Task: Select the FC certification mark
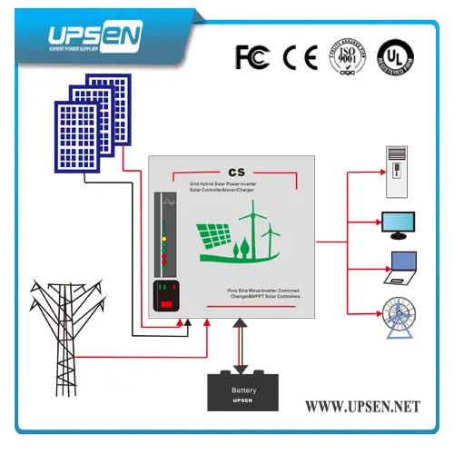point(252,56)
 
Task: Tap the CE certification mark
point(299,56)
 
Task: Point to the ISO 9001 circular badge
point(346,55)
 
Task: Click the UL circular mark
point(395,56)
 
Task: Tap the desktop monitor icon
point(398,223)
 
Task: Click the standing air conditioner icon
point(397,167)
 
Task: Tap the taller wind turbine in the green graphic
point(249,227)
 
